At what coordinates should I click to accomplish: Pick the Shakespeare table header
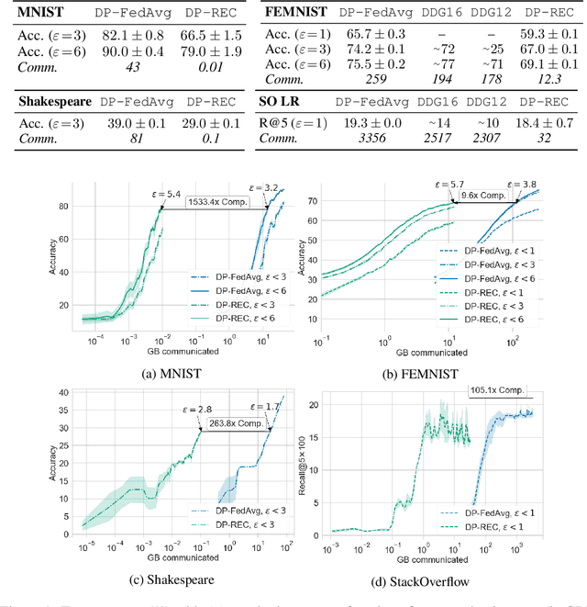[x=56, y=102]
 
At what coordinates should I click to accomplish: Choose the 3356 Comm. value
[x=373, y=138]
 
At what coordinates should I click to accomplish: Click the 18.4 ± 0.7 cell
[x=542, y=122]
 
